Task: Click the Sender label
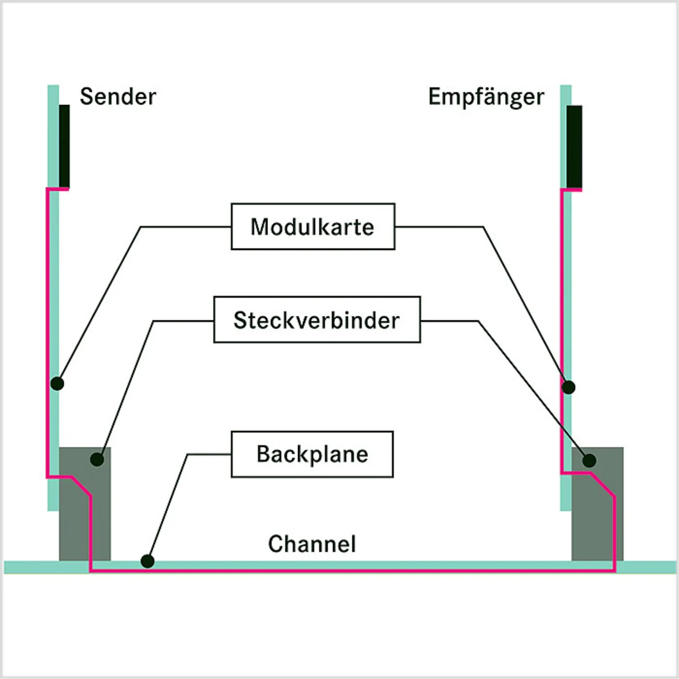coord(118,97)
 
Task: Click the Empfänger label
coord(486,97)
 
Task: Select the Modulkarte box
coord(313,227)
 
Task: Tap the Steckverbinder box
coord(317,320)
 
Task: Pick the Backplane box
coord(312,454)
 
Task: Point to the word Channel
coord(312,544)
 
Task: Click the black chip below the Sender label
coord(64,146)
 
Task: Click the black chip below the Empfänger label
coord(574,146)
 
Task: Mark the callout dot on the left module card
coord(57,383)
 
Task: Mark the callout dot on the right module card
coord(569,387)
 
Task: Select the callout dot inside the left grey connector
coord(97,459)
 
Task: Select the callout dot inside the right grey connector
coord(589,460)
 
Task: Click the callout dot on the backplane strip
coord(147,561)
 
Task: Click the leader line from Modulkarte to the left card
coord(101,302)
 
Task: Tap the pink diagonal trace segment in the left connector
coord(81,486)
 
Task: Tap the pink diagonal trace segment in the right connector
coord(603,485)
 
